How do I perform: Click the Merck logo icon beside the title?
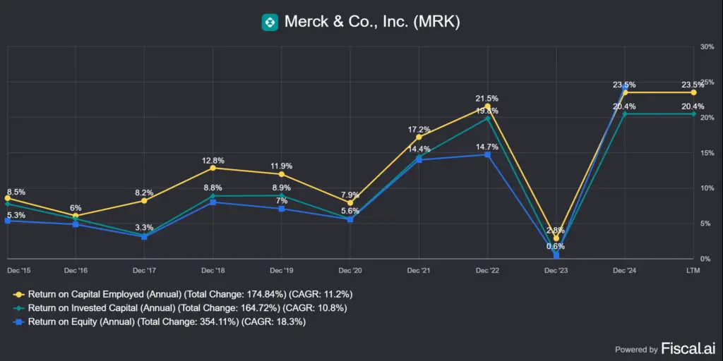tap(269, 22)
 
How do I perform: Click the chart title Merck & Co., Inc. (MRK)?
tap(372, 22)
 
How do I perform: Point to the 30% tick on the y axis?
tap(707, 47)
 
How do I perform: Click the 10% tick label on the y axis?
tap(707, 188)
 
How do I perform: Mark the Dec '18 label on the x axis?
tap(213, 270)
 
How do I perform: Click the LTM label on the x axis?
tap(693, 270)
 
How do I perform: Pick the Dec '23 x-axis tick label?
tap(556, 270)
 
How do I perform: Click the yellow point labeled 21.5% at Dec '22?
tap(487, 106)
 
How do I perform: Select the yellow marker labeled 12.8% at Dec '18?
tap(213, 168)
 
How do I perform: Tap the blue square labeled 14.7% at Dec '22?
tap(487, 154)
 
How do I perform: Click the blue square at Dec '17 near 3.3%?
tap(144, 236)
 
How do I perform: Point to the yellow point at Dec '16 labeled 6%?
tap(76, 216)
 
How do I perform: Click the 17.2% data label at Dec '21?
tap(419, 129)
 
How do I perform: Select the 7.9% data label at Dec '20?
tap(349, 195)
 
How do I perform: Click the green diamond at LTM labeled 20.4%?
tap(693, 114)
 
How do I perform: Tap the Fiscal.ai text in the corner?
tap(687, 348)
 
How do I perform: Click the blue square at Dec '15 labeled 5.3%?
tap(7, 221)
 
